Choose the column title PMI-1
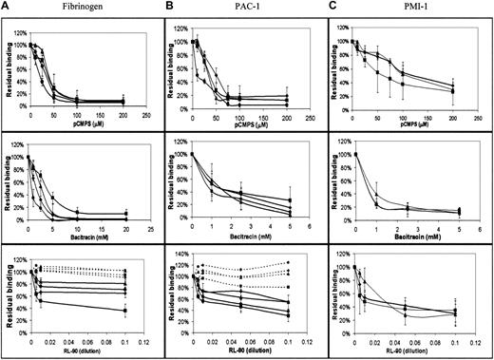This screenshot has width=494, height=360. [410, 8]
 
